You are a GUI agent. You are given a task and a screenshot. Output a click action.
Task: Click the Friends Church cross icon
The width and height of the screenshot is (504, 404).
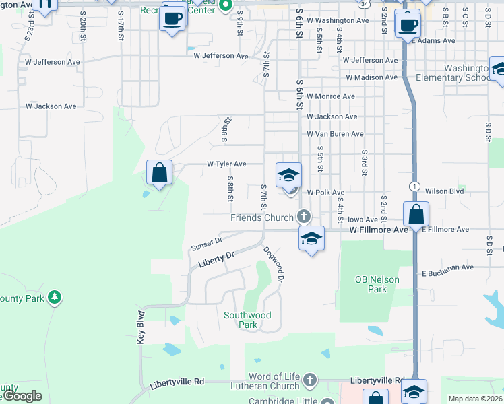(304, 216)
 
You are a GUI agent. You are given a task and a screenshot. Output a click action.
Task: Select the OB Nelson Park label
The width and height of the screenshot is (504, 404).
(377, 284)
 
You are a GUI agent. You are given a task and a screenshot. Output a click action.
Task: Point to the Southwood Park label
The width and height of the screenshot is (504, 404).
(247, 320)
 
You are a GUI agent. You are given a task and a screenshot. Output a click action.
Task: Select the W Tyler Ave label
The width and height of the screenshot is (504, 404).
(226, 164)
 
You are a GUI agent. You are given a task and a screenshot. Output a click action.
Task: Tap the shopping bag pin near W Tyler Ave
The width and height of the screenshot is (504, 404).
(159, 172)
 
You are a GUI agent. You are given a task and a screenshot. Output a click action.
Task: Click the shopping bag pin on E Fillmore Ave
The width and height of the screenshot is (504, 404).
(416, 214)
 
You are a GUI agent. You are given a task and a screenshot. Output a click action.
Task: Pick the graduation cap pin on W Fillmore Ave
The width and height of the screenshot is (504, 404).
(311, 238)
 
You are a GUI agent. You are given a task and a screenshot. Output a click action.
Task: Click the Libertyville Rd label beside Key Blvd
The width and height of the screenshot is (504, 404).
(177, 382)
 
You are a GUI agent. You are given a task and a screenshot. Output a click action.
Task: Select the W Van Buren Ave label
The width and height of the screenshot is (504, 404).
(335, 135)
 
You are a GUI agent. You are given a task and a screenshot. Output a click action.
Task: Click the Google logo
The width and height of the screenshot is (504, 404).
(23, 396)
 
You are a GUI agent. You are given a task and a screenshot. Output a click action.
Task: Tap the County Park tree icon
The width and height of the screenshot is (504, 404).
(54, 297)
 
